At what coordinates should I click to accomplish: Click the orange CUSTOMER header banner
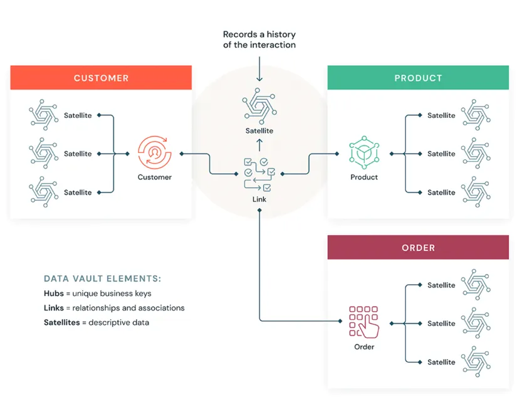(x=101, y=78)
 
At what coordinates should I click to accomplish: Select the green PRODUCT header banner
(x=418, y=78)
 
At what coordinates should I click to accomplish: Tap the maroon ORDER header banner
(x=418, y=248)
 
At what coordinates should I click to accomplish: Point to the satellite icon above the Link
(x=259, y=105)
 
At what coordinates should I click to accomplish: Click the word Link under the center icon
(x=259, y=199)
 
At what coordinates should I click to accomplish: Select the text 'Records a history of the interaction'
(x=259, y=40)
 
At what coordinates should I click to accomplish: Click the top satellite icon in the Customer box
(x=44, y=115)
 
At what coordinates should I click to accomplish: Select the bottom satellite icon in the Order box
(x=476, y=362)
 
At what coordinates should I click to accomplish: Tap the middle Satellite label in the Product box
(x=441, y=154)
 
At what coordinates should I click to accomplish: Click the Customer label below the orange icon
(x=154, y=177)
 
